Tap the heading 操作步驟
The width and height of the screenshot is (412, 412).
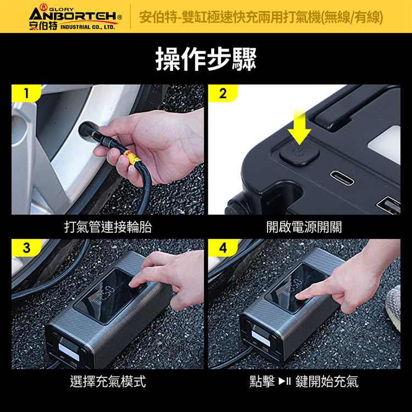[x=206, y=59]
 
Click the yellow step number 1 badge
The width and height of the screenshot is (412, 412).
[x=26, y=93]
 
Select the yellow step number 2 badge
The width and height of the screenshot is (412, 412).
[x=223, y=93]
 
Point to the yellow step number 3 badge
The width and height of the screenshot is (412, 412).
[x=26, y=248]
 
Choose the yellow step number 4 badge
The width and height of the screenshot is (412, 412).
[x=223, y=248]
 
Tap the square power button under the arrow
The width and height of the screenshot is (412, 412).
[x=299, y=153]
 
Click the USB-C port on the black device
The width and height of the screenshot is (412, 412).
[x=342, y=178]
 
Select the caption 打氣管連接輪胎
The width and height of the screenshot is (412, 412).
[x=108, y=227]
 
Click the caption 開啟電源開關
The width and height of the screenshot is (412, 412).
[x=304, y=227]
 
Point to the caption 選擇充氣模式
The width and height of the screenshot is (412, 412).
[x=108, y=382]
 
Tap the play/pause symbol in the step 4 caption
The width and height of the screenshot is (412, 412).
[x=285, y=381]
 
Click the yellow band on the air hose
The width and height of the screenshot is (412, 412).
[x=132, y=157]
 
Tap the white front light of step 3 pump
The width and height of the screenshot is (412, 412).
[x=69, y=352]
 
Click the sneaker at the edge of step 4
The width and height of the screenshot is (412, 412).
[x=393, y=308]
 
